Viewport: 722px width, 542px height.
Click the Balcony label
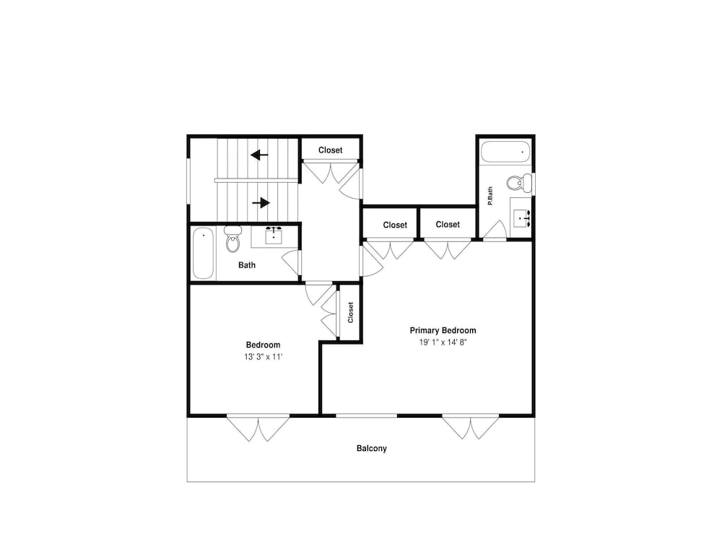(x=372, y=448)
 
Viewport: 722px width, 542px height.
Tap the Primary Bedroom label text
(x=443, y=330)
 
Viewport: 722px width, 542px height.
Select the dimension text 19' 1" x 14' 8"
(x=443, y=342)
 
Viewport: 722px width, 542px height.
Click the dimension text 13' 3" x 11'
(x=263, y=357)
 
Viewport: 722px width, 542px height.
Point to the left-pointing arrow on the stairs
(x=259, y=155)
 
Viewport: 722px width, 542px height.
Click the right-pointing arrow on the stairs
(x=261, y=202)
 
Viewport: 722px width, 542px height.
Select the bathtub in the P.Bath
(x=505, y=152)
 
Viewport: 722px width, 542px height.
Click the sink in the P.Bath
(x=522, y=218)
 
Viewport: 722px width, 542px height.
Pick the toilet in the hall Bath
(x=233, y=238)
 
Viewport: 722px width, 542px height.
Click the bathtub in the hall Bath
(x=203, y=254)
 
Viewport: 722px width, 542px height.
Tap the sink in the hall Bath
(x=274, y=235)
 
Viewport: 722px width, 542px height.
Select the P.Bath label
(x=490, y=196)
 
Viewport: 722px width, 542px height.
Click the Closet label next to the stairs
(x=330, y=150)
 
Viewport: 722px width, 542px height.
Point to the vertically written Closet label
(x=350, y=312)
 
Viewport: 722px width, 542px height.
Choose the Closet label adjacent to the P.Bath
(x=448, y=225)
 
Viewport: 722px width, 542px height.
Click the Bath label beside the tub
(x=247, y=265)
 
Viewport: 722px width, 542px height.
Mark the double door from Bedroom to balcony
(x=258, y=428)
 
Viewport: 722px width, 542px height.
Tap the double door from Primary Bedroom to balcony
(x=471, y=427)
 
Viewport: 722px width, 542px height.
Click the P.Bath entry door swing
(x=495, y=230)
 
